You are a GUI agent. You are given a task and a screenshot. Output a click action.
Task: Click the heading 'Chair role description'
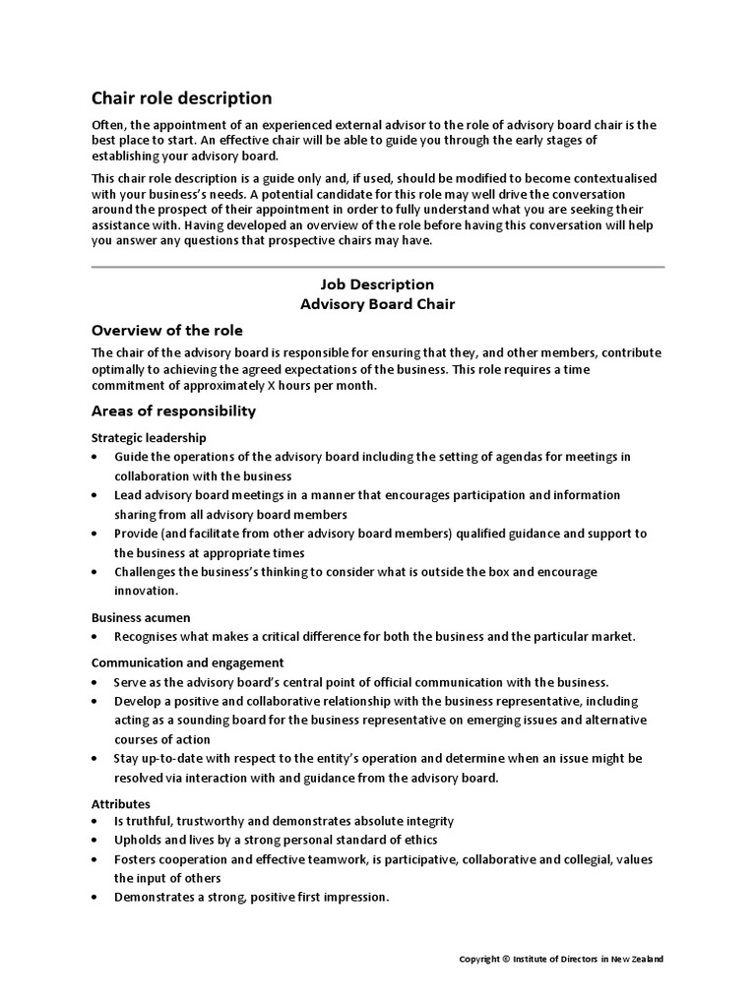(181, 97)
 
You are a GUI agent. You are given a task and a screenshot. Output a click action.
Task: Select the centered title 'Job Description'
(377, 284)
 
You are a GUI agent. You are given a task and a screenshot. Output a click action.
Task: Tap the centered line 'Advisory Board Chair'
(377, 304)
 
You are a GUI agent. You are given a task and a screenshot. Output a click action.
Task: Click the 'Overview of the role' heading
(166, 330)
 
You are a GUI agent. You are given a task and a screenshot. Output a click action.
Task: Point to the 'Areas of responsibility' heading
(173, 410)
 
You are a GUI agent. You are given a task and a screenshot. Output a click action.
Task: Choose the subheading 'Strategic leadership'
(149, 437)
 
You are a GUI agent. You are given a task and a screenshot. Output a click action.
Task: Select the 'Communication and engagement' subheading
(188, 662)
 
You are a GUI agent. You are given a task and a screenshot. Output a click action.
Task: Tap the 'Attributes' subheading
(120, 803)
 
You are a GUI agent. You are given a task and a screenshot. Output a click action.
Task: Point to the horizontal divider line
(377, 266)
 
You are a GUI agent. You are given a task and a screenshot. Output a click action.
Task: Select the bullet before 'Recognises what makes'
(94, 637)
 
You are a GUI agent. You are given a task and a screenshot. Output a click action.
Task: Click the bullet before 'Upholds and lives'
(94, 841)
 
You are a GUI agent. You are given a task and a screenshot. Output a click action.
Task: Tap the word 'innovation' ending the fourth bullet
(146, 591)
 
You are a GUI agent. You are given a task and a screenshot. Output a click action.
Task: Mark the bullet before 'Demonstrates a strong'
(94, 898)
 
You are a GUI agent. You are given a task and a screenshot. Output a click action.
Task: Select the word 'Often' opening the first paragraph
(108, 125)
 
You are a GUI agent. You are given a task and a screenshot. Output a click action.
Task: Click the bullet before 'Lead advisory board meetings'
(94, 495)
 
